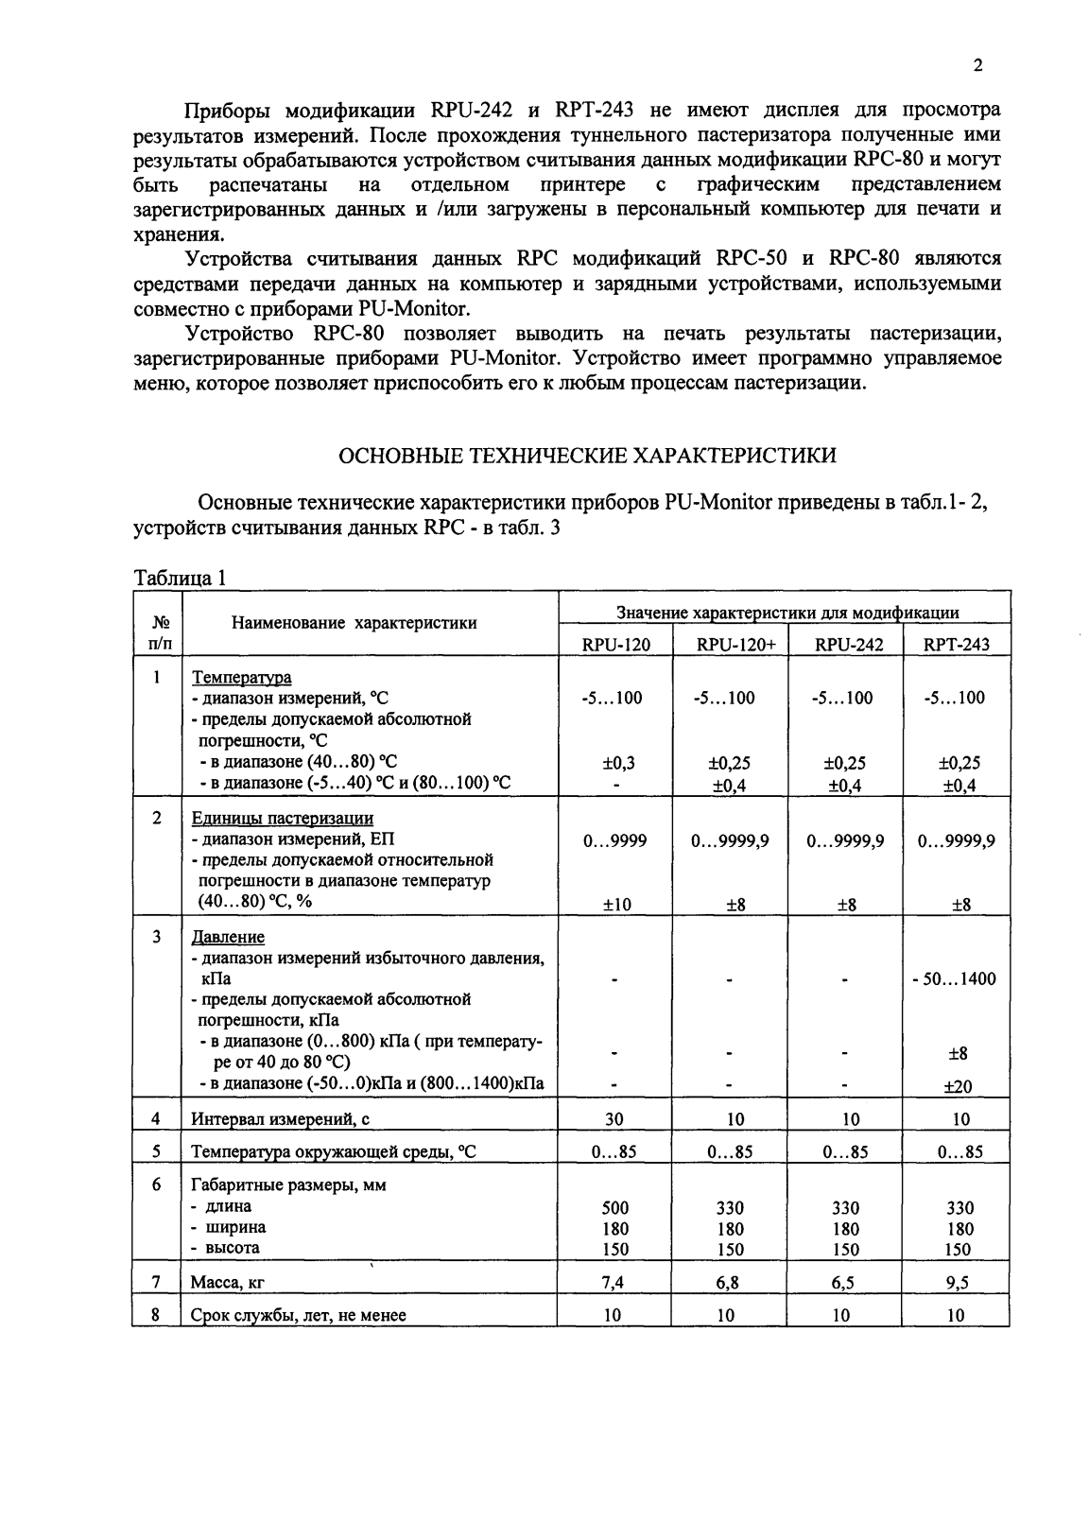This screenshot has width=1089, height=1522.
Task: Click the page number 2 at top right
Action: [977, 66]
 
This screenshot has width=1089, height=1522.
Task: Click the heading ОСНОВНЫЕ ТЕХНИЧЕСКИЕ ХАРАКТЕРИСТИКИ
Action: [587, 456]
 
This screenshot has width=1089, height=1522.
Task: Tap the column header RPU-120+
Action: [730, 645]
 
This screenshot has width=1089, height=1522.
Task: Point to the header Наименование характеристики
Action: [354, 623]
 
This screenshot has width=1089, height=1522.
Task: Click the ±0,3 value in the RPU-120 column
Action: [614, 763]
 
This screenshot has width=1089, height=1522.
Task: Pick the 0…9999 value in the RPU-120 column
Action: [614, 840]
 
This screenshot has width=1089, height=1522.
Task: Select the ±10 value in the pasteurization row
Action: [614, 905]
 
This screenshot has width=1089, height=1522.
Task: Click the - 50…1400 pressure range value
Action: [954, 979]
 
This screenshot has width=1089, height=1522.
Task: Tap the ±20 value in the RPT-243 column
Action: [959, 1087]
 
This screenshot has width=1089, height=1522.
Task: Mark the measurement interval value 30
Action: [614, 1119]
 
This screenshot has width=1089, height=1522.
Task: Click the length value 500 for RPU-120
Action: [614, 1208]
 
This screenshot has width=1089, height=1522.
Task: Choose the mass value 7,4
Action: [614, 1283]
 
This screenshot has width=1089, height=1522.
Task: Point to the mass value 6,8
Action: [730, 1283]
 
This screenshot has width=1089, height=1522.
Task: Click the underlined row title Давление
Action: [228, 937]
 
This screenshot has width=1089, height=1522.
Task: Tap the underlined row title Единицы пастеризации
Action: [283, 818]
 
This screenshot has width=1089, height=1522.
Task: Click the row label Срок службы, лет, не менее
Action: [299, 1315]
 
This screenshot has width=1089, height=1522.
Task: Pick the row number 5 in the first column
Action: [157, 1151]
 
